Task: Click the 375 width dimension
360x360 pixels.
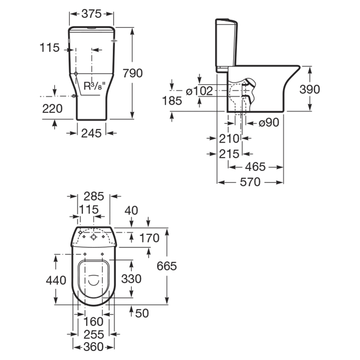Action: pyautogui.click(x=91, y=14)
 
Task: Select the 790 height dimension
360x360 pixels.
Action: pyautogui.click(x=133, y=73)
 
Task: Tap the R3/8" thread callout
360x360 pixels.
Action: pyautogui.click(x=94, y=86)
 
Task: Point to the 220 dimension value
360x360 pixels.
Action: pyautogui.click(x=52, y=108)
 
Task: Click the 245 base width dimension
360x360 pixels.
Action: pyautogui.click(x=91, y=133)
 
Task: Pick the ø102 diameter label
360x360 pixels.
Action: pyautogui.click(x=199, y=91)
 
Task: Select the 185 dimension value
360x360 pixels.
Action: pyautogui.click(x=172, y=101)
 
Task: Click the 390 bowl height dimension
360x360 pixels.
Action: pyautogui.click(x=310, y=89)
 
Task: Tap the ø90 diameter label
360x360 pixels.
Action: pyautogui.click(x=269, y=122)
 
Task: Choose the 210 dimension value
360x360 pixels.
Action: pyautogui.click(x=229, y=139)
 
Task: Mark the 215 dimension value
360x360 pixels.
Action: pyautogui.click(x=229, y=154)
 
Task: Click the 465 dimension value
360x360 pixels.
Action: pyautogui.click(x=255, y=167)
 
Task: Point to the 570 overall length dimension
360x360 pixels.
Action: pyautogui.click(x=250, y=182)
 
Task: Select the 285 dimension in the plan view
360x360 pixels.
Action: pyautogui.click(x=94, y=197)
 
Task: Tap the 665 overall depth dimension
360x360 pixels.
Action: pyautogui.click(x=166, y=266)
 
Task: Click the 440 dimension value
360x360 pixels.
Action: pyautogui.click(x=56, y=280)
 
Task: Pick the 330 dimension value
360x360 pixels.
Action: pyautogui.click(x=131, y=279)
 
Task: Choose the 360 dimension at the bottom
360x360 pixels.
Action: pyautogui.click(x=94, y=347)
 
